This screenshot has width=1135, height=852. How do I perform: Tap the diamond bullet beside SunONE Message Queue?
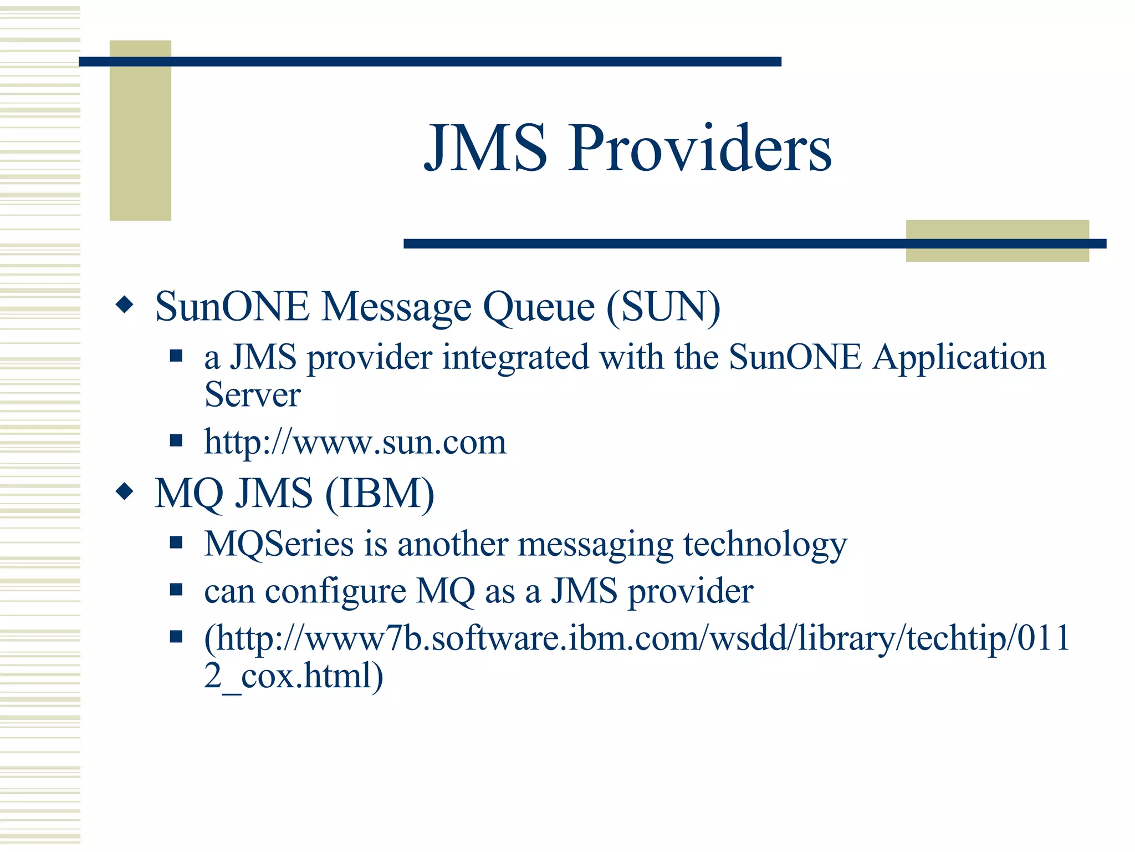coord(125,305)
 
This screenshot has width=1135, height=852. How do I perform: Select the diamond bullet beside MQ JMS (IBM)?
coord(125,491)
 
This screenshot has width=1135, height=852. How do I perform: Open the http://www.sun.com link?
coord(355,442)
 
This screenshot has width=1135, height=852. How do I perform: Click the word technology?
coord(765,545)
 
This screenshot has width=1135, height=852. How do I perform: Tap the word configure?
coord(335,591)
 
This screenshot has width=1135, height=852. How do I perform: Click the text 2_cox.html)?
coord(293,676)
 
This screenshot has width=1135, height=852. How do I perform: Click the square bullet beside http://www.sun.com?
coord(176,441)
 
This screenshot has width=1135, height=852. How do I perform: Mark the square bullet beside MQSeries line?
coord(176,542)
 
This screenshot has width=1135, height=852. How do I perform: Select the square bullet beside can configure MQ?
coord(176,589)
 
